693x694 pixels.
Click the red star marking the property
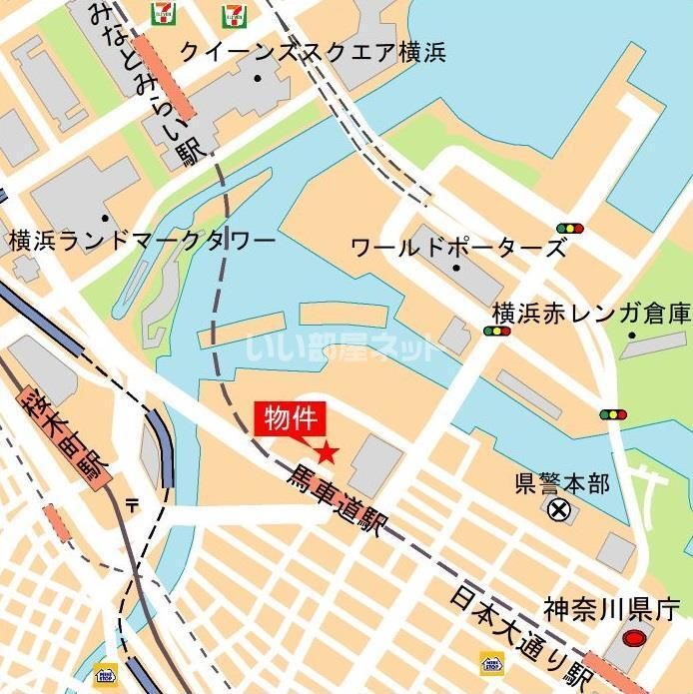pyautogui.click(x=328, y=452)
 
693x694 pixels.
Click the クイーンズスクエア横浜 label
pyautogui.click(x=312, y=52)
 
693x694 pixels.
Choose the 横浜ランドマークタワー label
pyautogui.click(x=142, y=243)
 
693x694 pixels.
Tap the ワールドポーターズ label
pyautogui.click(x=458, y=247)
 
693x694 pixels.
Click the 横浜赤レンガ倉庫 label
pyautogui.click(x=591, y=314)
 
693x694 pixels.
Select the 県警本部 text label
pyautogui.click(x=561, y=484)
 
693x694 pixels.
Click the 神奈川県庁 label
pyautogui.click(x=611, y=607)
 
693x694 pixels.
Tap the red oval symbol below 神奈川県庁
pyautogui.click(x=632, y=637)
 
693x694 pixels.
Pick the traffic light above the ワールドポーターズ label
pyautogui.click(x=570, y=228)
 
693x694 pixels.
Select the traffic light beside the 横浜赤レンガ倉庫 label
pyautogui.click(x=496, y=331)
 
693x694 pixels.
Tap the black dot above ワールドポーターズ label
pyautogui.click(x=456, y=268)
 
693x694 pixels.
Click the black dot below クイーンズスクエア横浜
pyautogui.click(x=257, y=78)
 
